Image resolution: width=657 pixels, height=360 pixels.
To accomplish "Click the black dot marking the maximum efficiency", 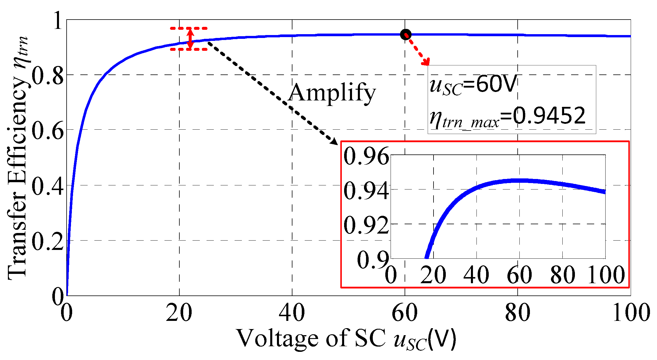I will pos(405,34).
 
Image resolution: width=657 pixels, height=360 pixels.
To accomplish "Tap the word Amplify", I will pos(332,93).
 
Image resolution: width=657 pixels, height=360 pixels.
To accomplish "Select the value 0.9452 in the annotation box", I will pos(549,116).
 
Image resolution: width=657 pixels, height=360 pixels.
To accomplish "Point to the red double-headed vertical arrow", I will pos(190,39).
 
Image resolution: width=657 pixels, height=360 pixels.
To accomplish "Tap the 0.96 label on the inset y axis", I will pos(366,156).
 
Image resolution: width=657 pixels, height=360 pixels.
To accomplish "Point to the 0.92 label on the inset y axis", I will pos(366,225).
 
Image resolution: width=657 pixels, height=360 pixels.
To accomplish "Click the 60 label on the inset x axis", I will pos(519,275).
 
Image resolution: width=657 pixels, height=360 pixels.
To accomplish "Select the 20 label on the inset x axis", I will pos(433,275).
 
